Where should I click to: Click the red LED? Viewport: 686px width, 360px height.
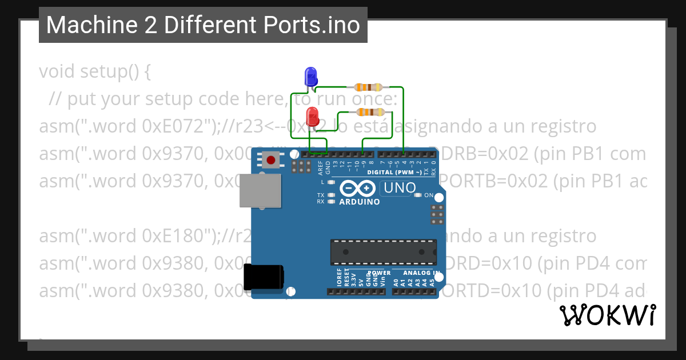[312, 117]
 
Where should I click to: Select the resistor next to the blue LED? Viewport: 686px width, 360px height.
[368, 87]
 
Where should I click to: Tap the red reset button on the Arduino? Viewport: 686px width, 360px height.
[270, 161]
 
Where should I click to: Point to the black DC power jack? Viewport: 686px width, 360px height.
[264, 278]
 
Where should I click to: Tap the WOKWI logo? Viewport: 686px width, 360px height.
[607, 315]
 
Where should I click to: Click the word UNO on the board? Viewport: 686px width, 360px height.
[400, 187]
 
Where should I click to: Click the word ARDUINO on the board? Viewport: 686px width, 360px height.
[360, 202]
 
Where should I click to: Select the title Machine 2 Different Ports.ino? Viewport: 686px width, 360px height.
[203, 25]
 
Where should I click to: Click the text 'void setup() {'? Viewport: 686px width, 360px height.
[95, 72]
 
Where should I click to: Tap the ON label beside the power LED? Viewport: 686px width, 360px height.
[429, 195]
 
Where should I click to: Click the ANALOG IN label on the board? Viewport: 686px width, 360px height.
[422, 273]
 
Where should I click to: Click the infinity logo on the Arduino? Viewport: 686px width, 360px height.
[358, 188]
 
